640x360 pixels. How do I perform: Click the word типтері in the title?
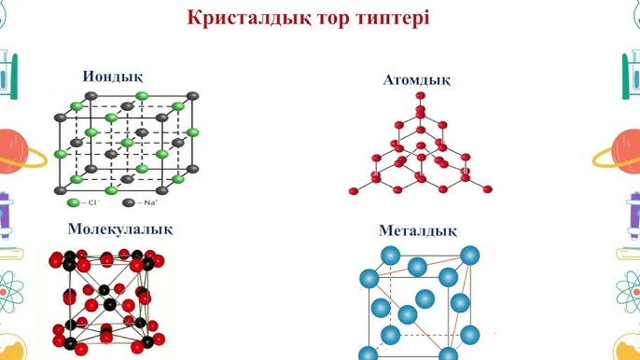(388, 19)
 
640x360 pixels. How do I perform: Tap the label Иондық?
(112, 76)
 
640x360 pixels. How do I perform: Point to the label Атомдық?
(417, 80)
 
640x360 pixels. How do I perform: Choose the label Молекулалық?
(119, 228)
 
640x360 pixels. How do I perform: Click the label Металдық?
(416, 230)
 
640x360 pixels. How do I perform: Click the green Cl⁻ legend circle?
(73, 202)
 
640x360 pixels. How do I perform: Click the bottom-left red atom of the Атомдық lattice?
(354, 190)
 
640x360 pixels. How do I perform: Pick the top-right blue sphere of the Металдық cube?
(471, 255)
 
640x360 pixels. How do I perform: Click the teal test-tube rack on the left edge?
(7, 75)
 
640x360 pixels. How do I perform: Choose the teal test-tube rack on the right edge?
(631, 75)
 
